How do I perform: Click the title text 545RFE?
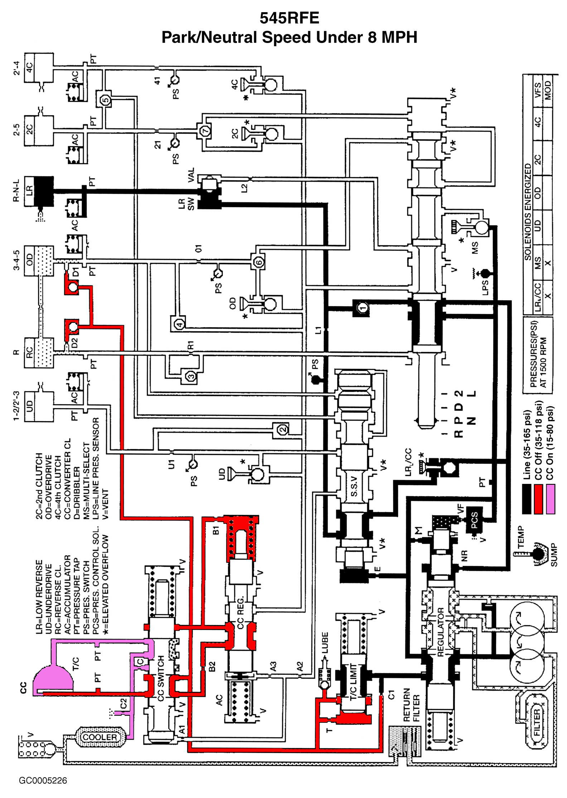tap(289, 18)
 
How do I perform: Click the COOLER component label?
tap(100, 737)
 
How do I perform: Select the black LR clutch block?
tap(43, 191)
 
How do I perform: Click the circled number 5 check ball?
tap(105, 100)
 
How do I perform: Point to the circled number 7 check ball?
tap(205, 131)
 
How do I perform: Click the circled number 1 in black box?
tap(363, 308)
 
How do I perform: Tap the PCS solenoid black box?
tap(475, 520)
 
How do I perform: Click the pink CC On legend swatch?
tap(550, 499)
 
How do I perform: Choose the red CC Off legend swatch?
tap(538, 499)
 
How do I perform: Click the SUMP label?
tap(554, 555)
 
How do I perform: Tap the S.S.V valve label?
tap(354, 486)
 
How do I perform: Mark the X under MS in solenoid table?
tap(548, 263)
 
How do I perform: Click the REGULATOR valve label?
tap(441, 632)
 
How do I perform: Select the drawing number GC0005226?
tap(43, 780)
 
